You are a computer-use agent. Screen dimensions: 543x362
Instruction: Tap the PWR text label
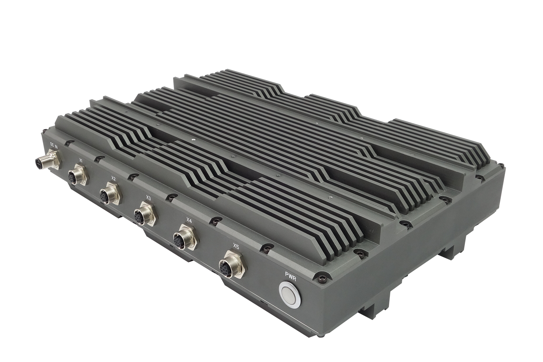pos(291,275)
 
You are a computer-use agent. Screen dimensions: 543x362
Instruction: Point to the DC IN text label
pos(54,145)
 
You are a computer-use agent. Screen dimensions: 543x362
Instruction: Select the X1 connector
pos(77,174)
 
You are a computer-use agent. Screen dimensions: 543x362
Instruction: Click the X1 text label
pos(81,160)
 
